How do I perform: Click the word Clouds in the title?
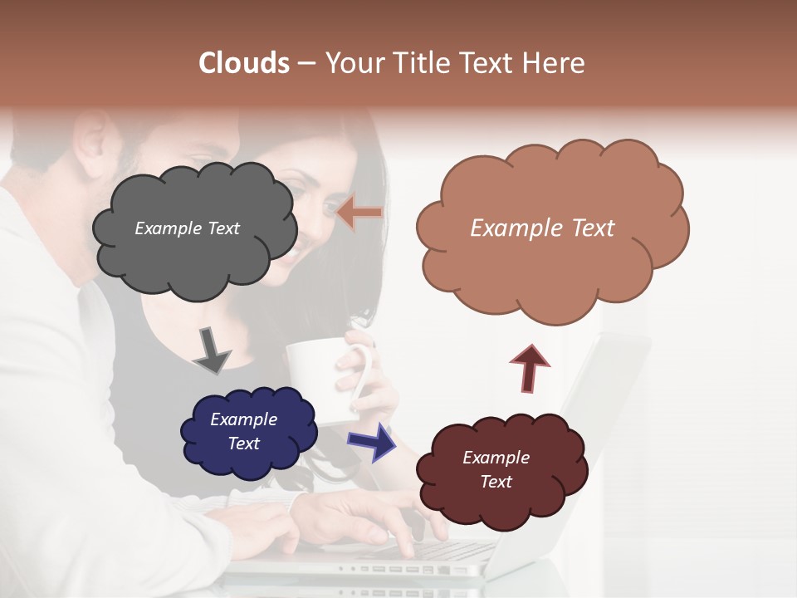244,63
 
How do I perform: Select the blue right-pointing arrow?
371,441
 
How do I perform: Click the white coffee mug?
320,378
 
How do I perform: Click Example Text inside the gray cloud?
187,228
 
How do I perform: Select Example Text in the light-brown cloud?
542,228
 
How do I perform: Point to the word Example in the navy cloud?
243,419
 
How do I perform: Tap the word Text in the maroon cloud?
496,482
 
